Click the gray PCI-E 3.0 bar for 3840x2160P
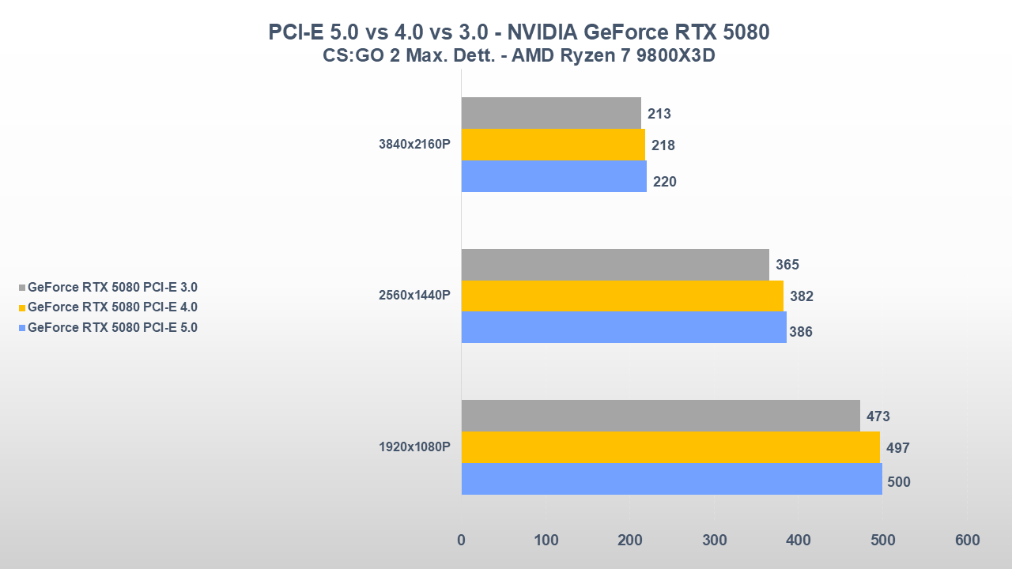click(551, 113)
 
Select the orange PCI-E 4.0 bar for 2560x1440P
click(622, 296)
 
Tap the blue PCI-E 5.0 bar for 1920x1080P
click(671, 479)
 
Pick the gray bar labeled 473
click(660, 416)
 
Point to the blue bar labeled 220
click(553, 176)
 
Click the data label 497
click(897, 448)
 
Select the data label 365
click(787, 265)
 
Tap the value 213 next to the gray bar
click(659, 114)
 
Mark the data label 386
click(800, 332)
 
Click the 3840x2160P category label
click(414, 145)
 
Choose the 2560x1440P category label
click(414, 296)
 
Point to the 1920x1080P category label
click(414, 447)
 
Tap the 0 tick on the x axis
click(462, 541)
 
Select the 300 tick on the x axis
click(714, 541)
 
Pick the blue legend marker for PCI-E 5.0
click(22, 328)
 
